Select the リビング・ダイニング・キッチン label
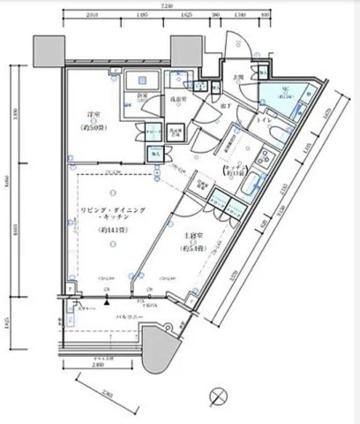pyautogui.click(x=113, y=212)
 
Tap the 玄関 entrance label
pyautogui.click(x=239, y=78)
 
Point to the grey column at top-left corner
pyautogui.click(x=44, y=51)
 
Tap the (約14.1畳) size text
pyautogui.click(x=113, y=231)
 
